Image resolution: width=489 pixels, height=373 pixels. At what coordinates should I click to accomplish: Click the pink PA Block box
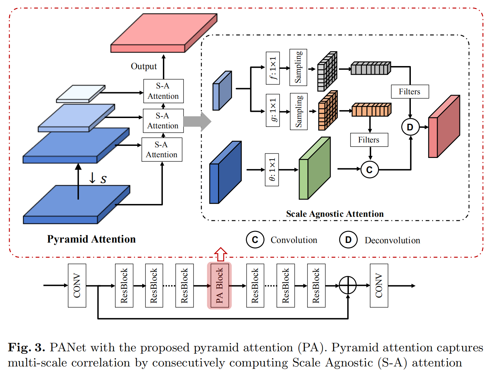[219, 286]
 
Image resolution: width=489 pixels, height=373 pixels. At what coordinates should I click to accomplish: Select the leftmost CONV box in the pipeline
[77, 286]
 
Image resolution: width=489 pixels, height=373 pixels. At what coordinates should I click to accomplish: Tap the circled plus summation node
[348, 285]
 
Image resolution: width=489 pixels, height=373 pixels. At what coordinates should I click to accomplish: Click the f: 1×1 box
[273, 68]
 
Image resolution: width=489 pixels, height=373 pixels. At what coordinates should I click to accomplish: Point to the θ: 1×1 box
[272, 170]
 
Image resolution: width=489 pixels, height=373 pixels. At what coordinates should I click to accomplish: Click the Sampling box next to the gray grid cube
[298, 67]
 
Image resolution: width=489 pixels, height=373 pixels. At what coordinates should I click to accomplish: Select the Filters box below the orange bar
[369, 140]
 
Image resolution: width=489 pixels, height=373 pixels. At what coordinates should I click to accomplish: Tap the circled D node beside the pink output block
[410, 127]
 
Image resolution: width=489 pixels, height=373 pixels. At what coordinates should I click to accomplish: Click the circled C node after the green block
[370, 170]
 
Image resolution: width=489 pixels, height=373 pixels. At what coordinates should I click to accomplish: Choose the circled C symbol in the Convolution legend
[255, 240]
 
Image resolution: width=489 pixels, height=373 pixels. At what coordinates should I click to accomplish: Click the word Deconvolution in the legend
[392, 240]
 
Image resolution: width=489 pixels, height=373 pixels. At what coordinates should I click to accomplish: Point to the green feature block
[314, 169]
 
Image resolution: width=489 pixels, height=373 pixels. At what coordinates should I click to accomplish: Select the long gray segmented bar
[371, 68]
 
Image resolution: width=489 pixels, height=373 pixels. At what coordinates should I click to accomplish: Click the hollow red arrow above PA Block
[221, 254]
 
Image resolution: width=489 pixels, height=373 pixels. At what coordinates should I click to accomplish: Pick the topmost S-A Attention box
[163, 91]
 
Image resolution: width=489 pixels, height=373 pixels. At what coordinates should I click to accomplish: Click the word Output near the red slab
[144, 66]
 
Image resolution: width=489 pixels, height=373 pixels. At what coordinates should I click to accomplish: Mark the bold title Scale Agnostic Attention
[335, 214]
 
